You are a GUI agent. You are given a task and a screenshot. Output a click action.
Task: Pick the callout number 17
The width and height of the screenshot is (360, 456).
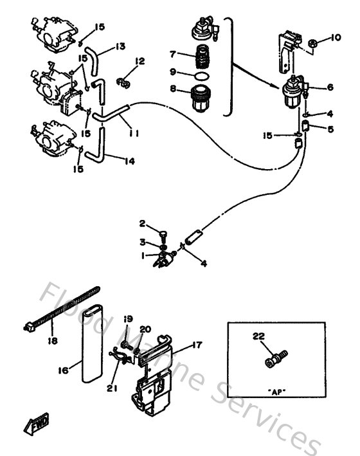197,345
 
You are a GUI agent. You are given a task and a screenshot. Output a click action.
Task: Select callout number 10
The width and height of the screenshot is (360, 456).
336,38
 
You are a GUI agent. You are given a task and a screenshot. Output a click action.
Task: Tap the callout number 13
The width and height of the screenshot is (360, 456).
120,46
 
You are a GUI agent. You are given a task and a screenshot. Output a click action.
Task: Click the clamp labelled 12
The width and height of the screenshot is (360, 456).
123,82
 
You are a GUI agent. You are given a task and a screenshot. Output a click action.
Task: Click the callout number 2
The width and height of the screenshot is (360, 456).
143,223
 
